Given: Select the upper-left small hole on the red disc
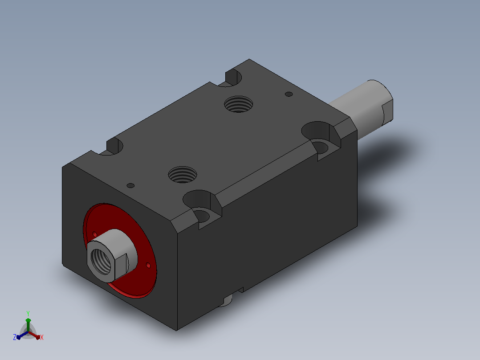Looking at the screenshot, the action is click(94, 234).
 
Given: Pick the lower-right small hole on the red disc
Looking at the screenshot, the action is click(148, 266).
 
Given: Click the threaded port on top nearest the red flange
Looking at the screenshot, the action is click(183, 175).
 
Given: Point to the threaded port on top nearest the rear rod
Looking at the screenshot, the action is click(239, 104).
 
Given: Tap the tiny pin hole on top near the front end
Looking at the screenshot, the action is click(130, 186).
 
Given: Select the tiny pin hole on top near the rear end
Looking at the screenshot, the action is click(289, 94).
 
